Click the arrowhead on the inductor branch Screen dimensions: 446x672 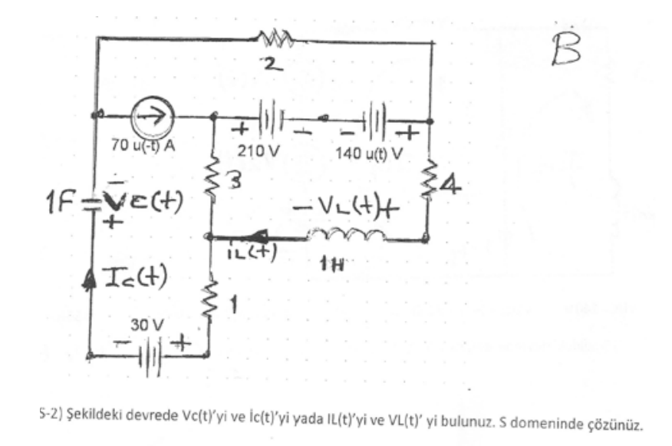(253, 237)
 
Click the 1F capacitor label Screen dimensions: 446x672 (64, 206)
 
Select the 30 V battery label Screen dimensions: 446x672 (143, 325)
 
